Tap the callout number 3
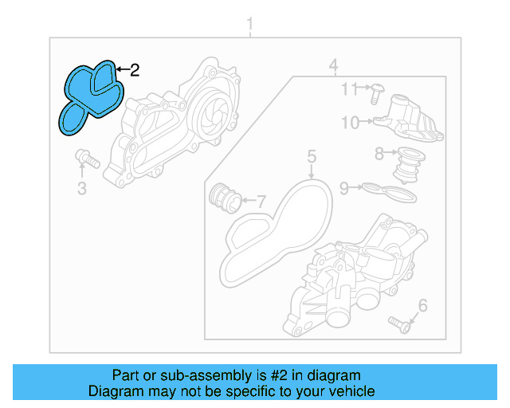point(82,188)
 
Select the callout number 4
point(334,65)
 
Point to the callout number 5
point(312,156)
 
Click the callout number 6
point(422,305)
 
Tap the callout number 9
point(345,188)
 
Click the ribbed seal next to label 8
point(408,163)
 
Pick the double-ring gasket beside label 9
point(388,191)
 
